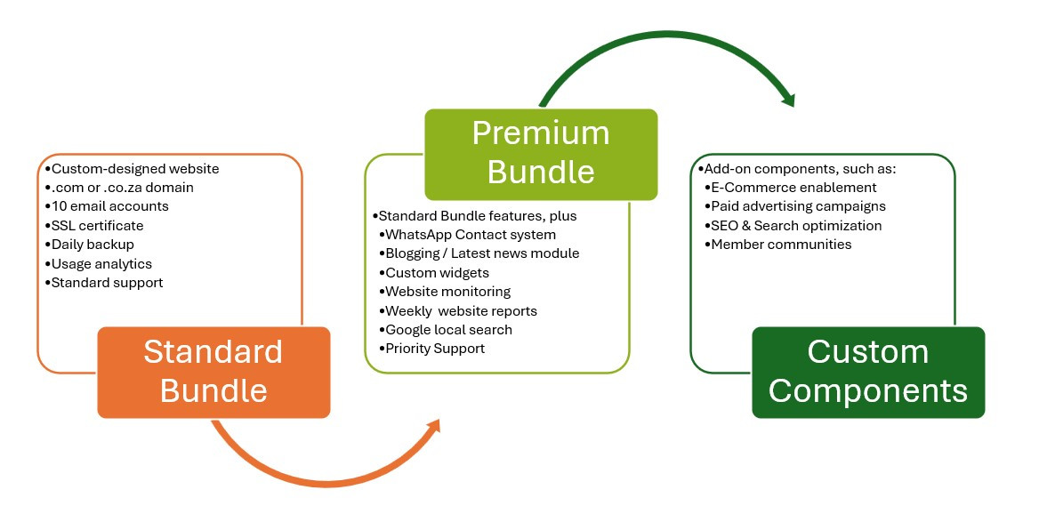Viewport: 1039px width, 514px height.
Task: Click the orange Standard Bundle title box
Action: [x=213, y=373]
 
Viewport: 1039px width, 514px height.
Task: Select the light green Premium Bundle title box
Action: [x=541, y=155]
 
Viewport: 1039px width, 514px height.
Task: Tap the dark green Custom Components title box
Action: [x=868, y=373]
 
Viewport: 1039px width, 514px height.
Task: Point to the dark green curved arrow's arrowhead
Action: [x=786, y=98]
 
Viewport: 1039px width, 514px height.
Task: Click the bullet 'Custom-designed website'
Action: [x=132, y=169]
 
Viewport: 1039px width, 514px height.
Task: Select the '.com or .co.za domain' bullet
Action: [x=119, y=188]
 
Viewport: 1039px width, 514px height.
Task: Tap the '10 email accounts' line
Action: [x=107, y=206]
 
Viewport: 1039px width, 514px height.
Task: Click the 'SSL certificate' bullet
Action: [x=94, y=226]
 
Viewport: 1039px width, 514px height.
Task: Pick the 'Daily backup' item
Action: [x=90, y=245]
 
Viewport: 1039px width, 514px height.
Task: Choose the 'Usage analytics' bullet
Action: [x=98, y=263]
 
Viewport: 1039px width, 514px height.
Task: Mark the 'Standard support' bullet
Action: [x=104, y=283]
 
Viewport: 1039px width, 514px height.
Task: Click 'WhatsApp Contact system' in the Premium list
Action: [x=467, y=235]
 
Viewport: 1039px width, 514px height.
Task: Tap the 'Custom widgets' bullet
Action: [x=434, y=272]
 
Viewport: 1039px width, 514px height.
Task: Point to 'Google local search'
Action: [x=446, y=329]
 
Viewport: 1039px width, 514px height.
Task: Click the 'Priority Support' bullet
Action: [x=432, y=349]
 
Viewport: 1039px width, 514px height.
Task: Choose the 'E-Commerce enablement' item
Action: [x=791, y=188]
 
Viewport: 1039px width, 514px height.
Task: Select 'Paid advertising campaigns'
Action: [x=795, y=206]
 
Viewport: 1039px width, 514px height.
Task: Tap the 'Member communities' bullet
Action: [x=778, y=245]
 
